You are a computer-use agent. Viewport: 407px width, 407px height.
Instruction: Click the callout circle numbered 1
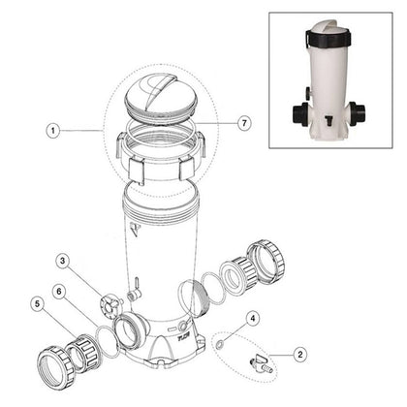pos(52,131)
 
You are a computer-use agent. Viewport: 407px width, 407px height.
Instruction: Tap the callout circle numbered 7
pos(244,123)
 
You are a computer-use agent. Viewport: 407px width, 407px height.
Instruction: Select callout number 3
pos(63,262)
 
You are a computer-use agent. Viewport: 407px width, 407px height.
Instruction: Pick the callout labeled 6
pos(59,292)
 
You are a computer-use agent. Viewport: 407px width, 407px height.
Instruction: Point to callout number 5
pos(38,303)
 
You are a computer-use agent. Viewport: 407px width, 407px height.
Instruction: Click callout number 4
pos(253,319)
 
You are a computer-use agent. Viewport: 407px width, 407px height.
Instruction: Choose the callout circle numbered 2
pos(300,355)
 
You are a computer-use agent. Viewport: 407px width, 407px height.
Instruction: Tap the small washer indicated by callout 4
pos(219,344)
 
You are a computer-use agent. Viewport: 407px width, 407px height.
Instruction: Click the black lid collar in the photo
pos(328,38)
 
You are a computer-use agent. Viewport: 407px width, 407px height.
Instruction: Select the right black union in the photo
pos(357,113)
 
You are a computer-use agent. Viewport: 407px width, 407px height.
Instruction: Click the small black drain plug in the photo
pos(329,121)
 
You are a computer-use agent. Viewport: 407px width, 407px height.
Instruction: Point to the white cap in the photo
pos(328,26)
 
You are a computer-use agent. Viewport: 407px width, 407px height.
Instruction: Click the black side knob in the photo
pos(308,91)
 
